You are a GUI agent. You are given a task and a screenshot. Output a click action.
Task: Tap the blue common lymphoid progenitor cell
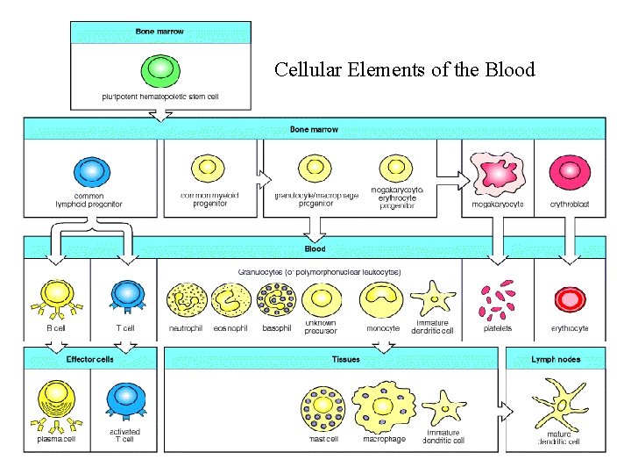pyautogui.click(x=89, y=171)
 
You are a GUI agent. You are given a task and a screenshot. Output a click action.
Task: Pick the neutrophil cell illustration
pyautogui.click(x=185, y=299)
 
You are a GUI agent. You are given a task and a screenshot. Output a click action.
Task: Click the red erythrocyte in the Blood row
pyautogui.click(x=569, y=299)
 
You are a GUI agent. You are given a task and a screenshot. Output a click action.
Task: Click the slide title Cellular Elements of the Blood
pyautogui.click(x=404, y=69)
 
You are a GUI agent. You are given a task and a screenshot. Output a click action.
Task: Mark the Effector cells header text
pyautogui.click(x=89, y=359)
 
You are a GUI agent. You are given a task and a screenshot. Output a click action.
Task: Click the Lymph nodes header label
pyautogui.click(x=555, y=359)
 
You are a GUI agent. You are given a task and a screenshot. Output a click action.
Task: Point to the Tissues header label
pyautogui.click(x=344, y=359)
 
